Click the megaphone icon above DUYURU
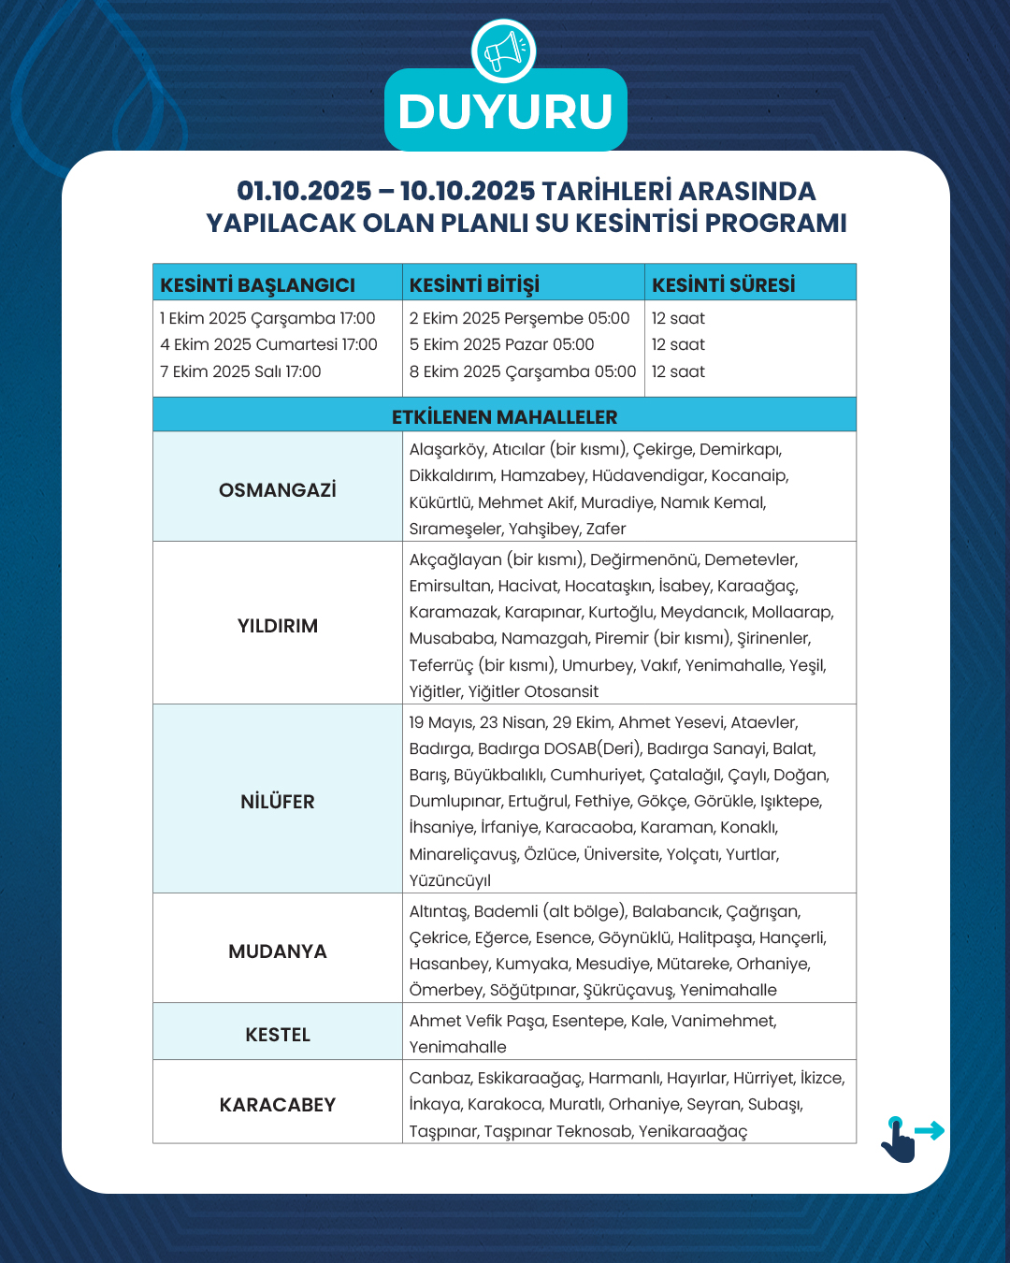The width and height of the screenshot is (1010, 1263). click(x=504, y=51)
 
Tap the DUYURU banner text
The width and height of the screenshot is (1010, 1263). click(x=505, y=111)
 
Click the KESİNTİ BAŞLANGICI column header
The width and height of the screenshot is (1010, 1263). click(x=257, y=284)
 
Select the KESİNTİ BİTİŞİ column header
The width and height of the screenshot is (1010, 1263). click(x=474, y=284)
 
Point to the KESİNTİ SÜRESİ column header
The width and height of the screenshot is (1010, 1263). click(x=723, y=284)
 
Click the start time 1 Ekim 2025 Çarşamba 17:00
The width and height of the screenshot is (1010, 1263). click(x=267, y=318)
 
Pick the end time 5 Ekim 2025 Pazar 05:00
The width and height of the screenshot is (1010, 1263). click(x=501, y=344)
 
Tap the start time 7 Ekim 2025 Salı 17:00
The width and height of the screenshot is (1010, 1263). click(x=240, y=371)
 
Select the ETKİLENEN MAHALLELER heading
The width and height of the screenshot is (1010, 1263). click(x=504, y=416)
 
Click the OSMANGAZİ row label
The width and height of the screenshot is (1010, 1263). click(x=278, y=490)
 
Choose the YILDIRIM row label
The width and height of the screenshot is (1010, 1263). click(x=278, y=626)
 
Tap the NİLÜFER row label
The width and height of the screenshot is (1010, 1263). click(x=278, y=802)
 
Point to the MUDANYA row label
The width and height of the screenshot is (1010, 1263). click(x=278, y=951)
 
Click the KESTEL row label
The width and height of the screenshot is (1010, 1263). click(x=278, y=1035)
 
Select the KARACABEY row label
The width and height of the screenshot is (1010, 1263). click(x=278, y=1105)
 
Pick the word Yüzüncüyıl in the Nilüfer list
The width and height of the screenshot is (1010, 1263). click(x=450, y=880)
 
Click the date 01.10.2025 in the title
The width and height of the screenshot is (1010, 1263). click(x=304, y=191)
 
